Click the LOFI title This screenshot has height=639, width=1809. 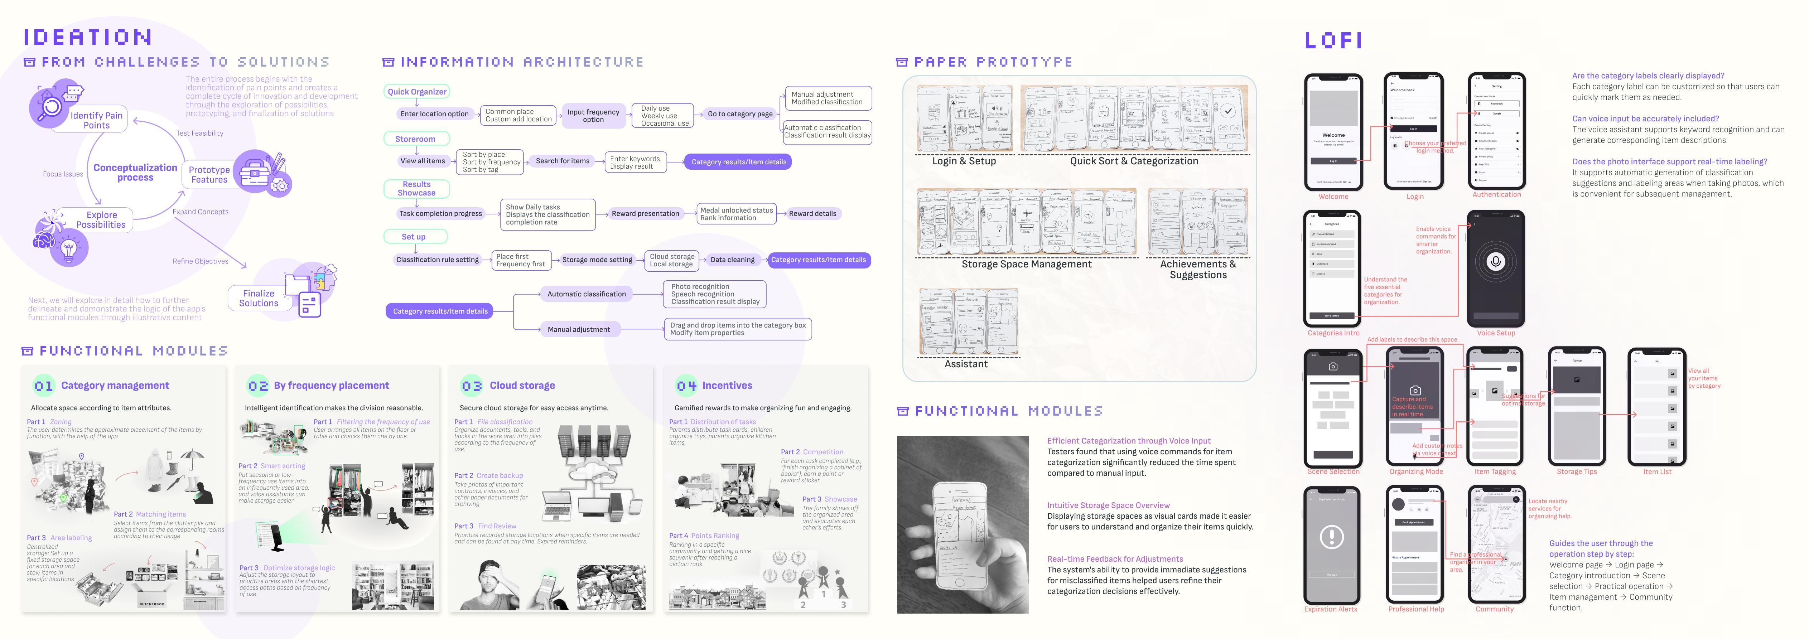pyautogui.click(x=1333, y=41)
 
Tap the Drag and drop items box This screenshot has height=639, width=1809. pyautogui.click(x=737, y=329)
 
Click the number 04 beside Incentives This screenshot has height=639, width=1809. pyautogui.click(x=686, y=386)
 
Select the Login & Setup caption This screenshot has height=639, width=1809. pyautogui.click(x=964, y=161)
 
